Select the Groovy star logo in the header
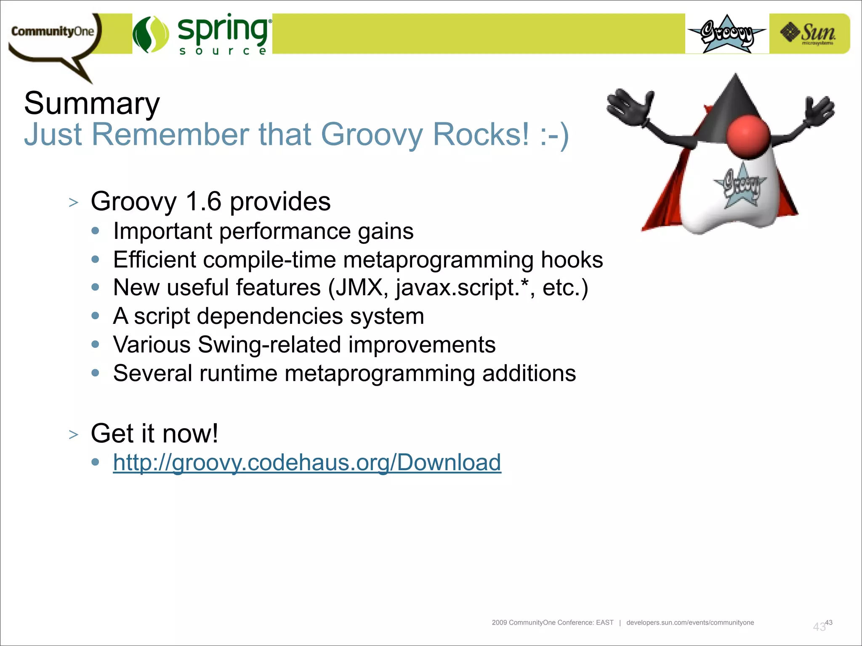[727, 34]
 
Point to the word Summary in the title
[92, 103]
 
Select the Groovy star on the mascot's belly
[740, 185]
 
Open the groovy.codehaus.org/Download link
[307, 463]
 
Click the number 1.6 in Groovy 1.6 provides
[203, 201]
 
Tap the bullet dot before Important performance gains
[96, 231]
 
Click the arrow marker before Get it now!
[74, 434]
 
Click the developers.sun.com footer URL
[690, 622]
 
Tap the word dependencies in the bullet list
[269, 316]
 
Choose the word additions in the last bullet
[529, 373]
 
